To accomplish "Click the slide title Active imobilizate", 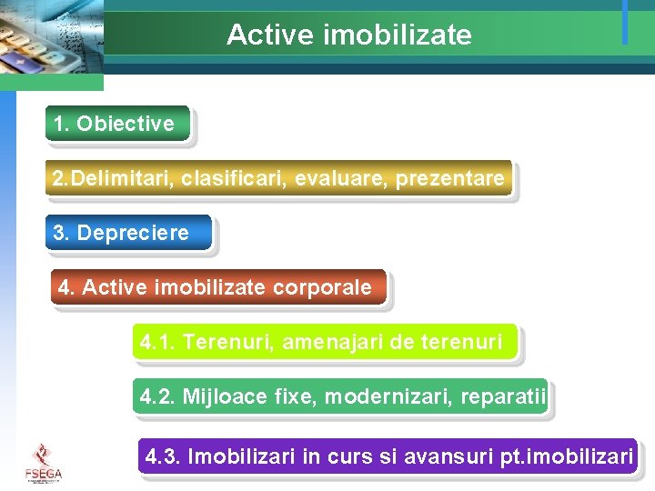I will click(348, 35).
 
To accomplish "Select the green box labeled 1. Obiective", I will click(117, 124).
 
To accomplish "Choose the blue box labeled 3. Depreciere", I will click(127, 233).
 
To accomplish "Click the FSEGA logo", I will click(43, 463).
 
